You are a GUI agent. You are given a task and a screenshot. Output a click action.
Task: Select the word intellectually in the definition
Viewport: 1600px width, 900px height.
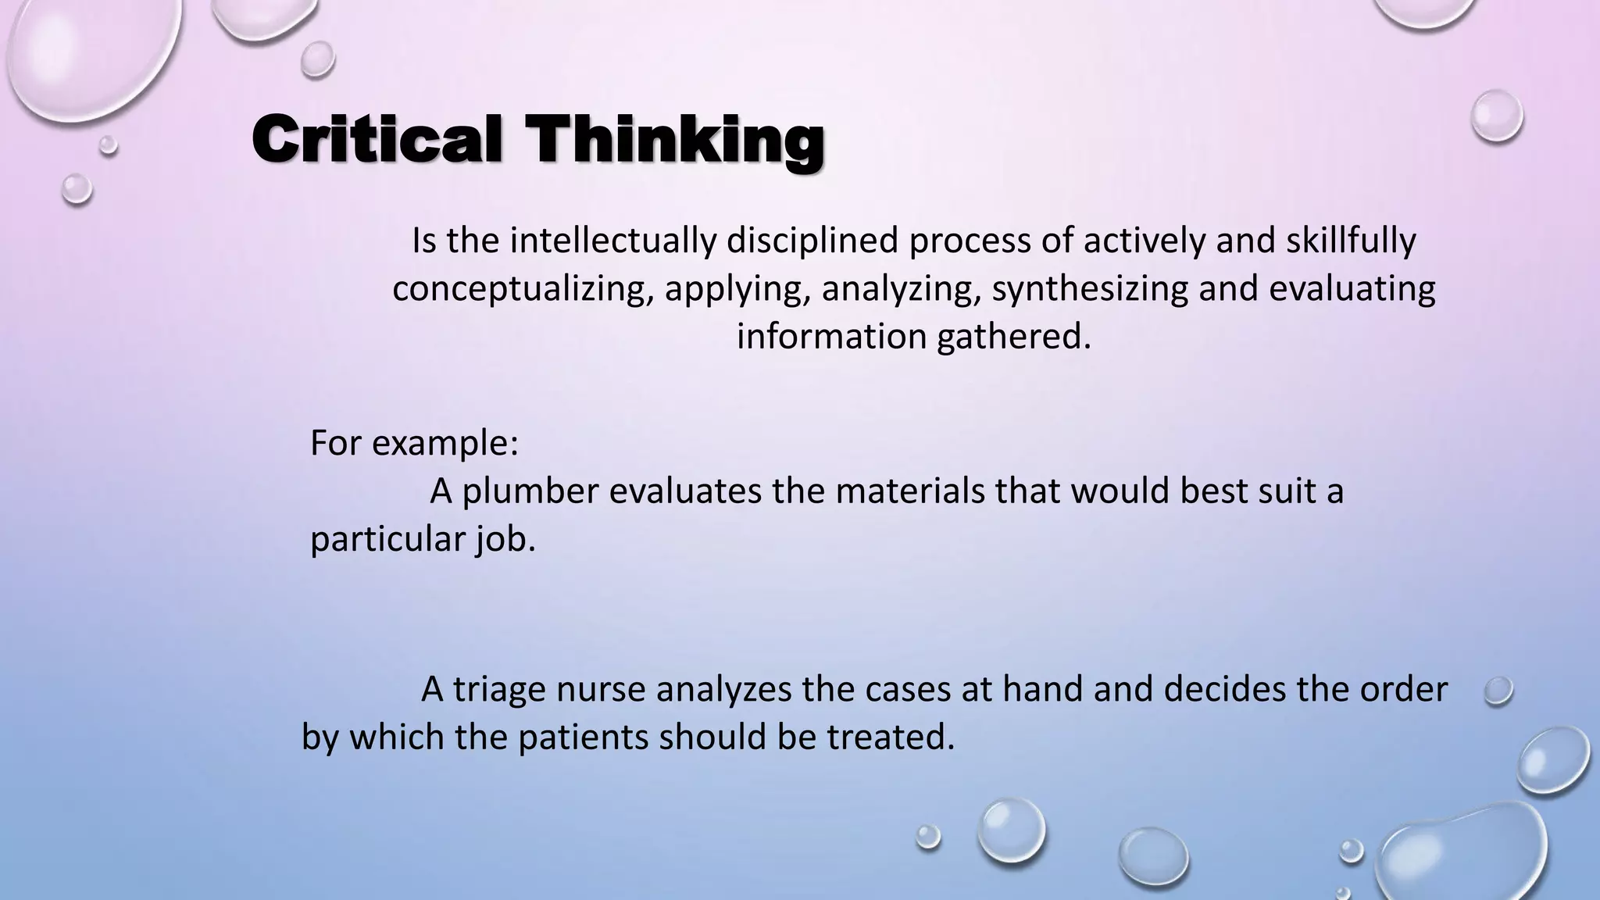point(613,241)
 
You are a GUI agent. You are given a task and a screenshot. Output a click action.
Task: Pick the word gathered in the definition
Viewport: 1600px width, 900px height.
point(1013,337)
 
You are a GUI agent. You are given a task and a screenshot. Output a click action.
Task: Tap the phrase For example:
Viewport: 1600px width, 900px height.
point(414,443)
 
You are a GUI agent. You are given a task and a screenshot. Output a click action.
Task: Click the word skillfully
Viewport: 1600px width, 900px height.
point(1351,241)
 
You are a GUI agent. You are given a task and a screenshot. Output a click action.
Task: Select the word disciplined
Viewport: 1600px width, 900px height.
point(812,241)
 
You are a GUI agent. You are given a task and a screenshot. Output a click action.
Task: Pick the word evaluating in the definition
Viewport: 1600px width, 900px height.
point(1352,289)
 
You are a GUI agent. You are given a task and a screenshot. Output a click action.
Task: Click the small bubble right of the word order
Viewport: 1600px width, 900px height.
point(1498,691)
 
